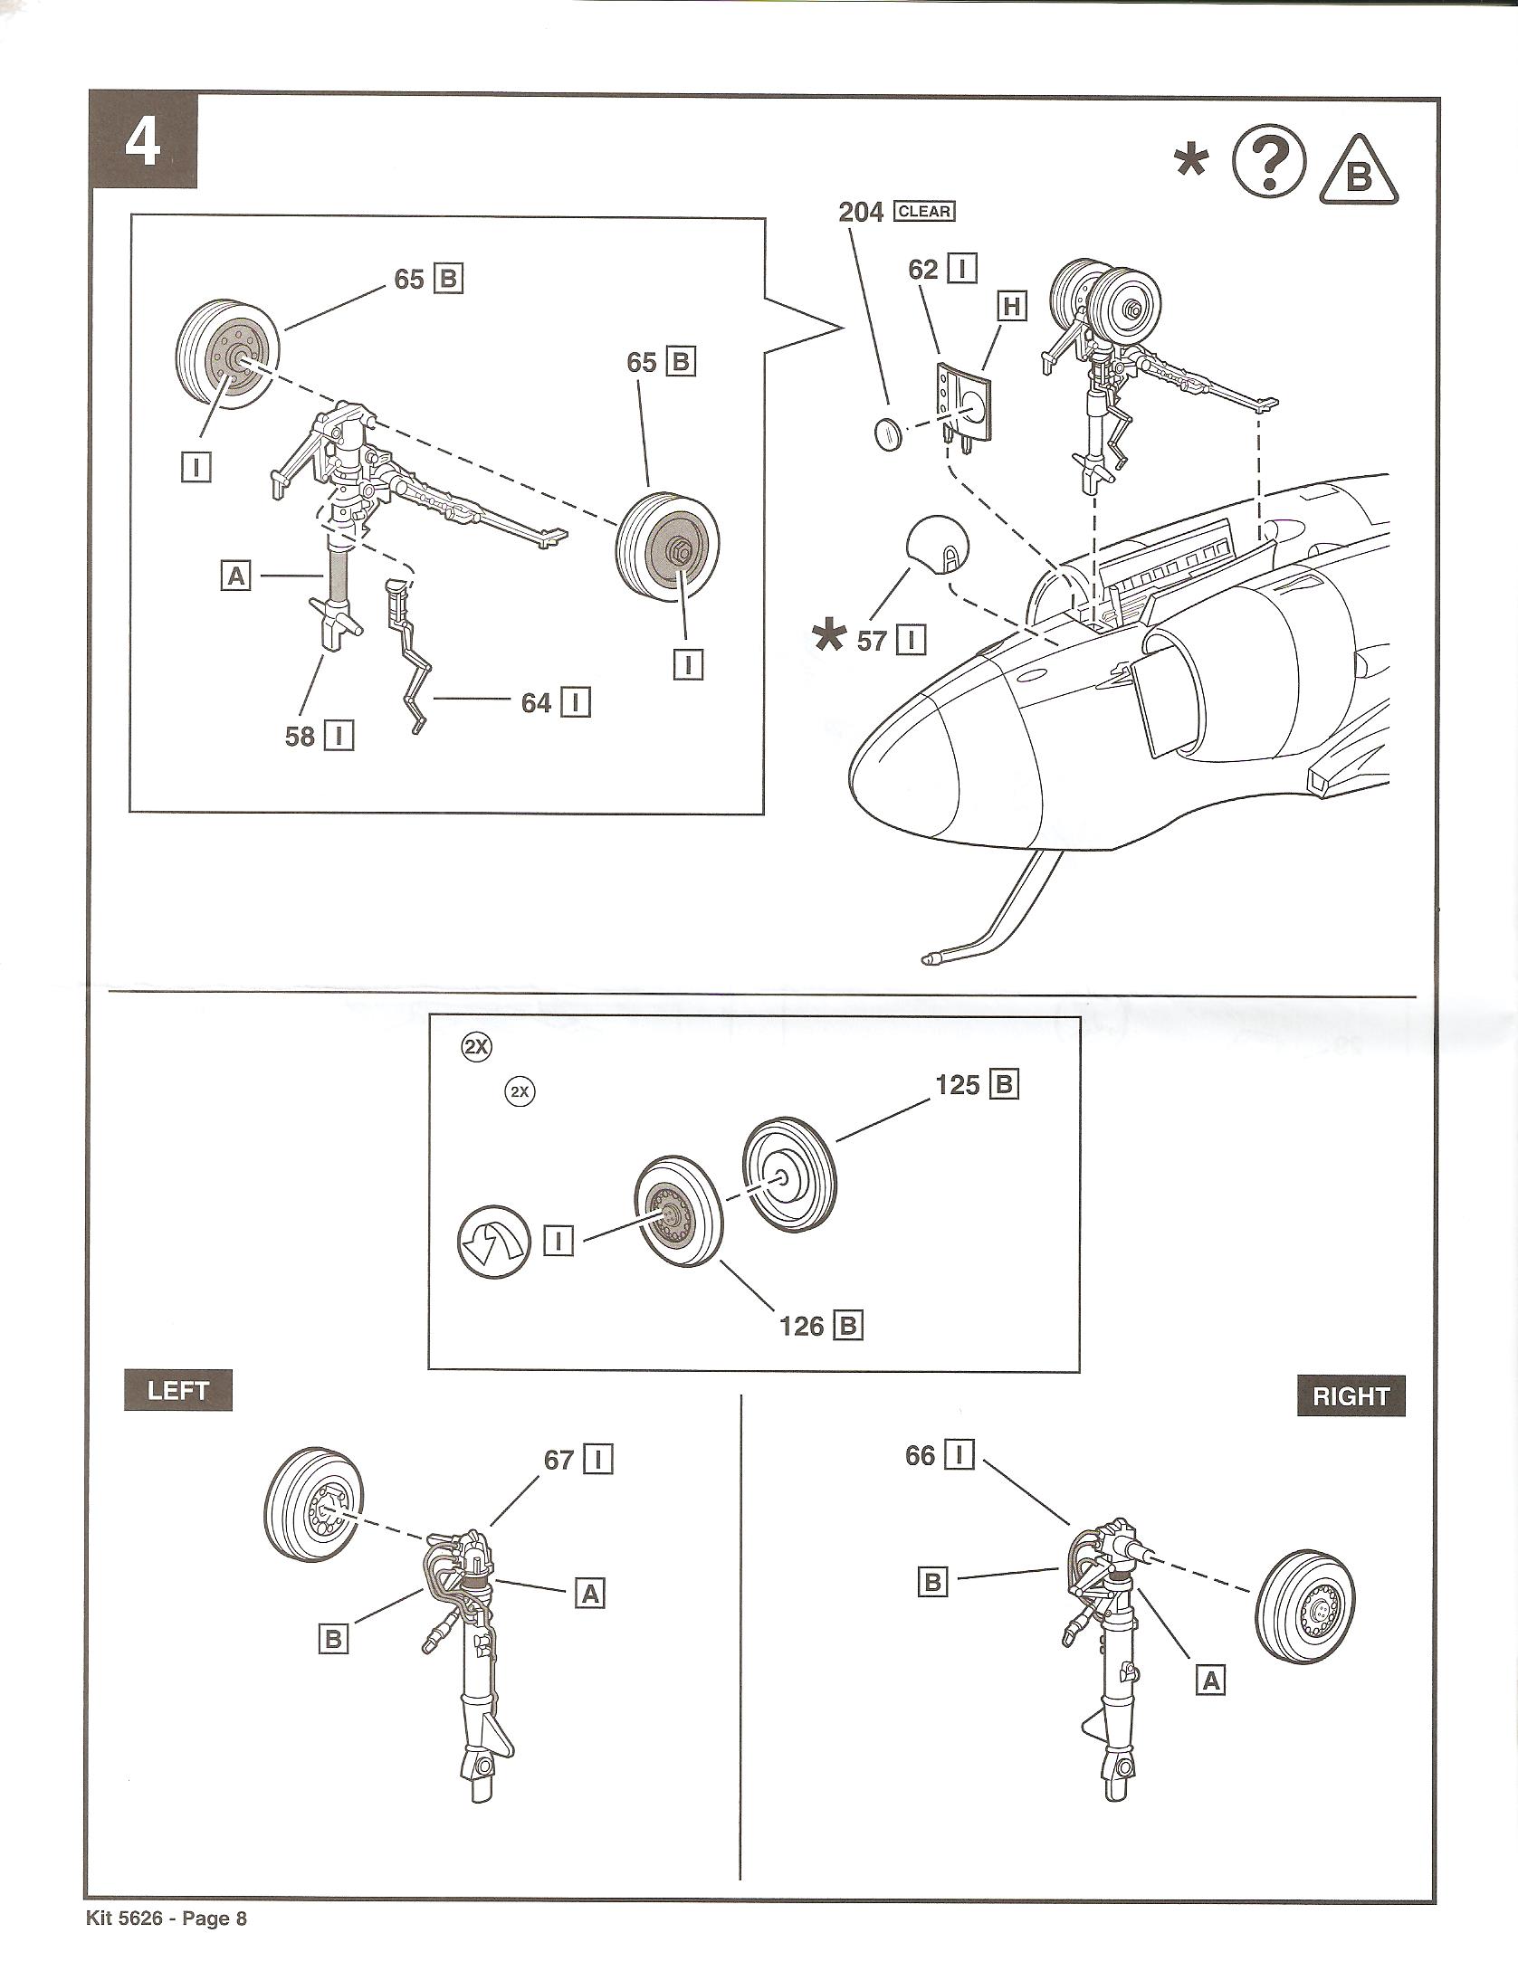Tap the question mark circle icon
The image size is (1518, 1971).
[x=1270, y=161]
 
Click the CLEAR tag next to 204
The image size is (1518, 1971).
[x=923, y=212]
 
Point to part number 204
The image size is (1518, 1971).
[x=861, y=212]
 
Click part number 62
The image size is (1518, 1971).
[x=923, y=270]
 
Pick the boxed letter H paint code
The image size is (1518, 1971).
[x=1011, y=308]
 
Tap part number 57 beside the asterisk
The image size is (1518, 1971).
[x=872, y=642]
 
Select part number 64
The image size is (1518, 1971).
[x=536, y=703]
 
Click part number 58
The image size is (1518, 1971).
[x=301, y=737]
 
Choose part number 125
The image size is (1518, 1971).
[x=958, y=1084]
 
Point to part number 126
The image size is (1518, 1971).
[x=802, y=1327]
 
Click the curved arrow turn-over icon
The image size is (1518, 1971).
[x=492, y=1243]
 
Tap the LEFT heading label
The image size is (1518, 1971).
[x=178, y=1391]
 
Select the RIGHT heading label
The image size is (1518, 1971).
[x=1351, y=1396]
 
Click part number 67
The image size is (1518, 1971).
[x=559, y=1460]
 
